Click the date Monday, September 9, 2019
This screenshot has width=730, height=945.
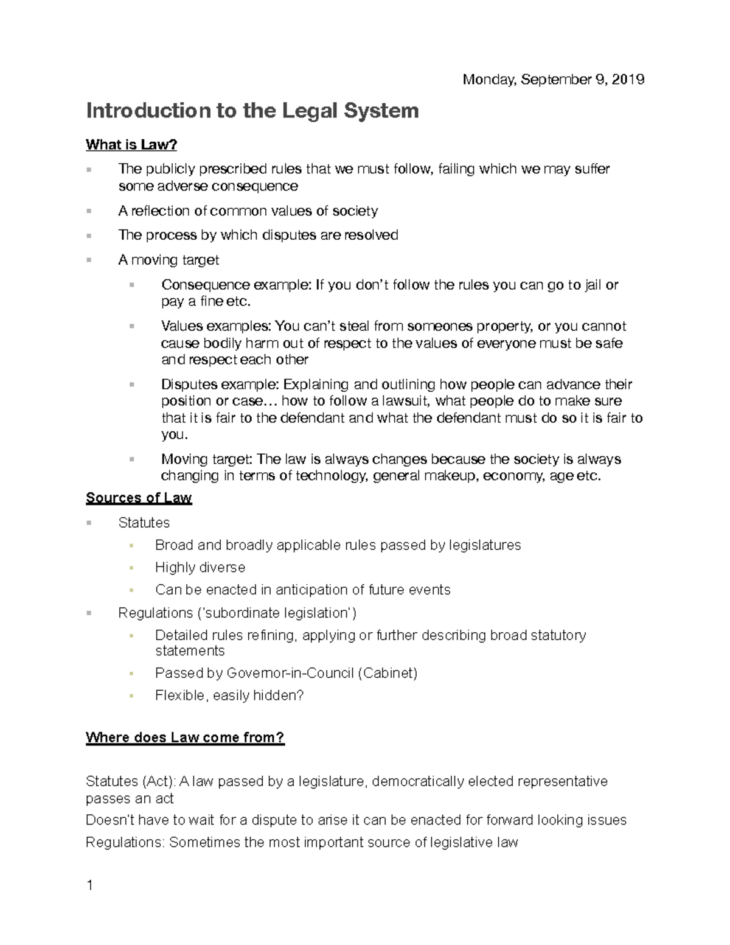553,80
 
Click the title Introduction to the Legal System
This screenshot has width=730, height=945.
252,111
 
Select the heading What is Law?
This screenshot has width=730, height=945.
131,145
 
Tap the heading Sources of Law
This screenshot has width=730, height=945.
139,498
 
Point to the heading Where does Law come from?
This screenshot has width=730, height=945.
185,738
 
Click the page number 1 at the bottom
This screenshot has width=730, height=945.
89,886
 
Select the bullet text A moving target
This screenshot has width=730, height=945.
169,260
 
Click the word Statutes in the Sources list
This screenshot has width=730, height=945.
144,523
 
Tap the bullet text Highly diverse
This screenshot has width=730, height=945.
200,568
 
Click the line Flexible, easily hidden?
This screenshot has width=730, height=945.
229,696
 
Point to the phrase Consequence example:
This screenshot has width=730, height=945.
236,285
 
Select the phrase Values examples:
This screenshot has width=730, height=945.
217,327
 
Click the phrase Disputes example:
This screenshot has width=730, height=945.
220,385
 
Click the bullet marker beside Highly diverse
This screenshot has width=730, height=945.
130,568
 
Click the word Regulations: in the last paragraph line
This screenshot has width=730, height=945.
125,843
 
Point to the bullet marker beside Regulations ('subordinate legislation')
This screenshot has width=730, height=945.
89,613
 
